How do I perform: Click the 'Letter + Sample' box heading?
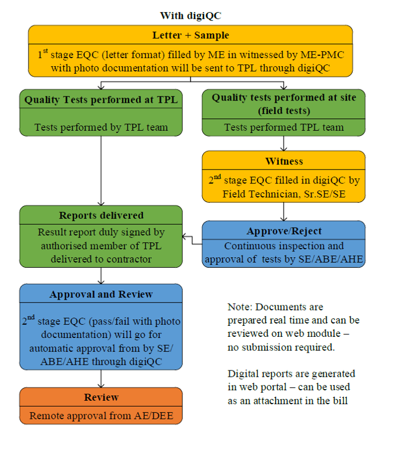point(191,35)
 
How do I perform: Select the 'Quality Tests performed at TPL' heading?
point(101,100)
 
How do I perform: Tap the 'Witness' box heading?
point(284,161)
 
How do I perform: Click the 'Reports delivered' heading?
point(101,215)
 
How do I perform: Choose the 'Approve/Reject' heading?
point(284,231)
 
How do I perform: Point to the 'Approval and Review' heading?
point(101,294)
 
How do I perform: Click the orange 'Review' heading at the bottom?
point(101,397)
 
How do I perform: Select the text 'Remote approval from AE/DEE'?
point(101,416)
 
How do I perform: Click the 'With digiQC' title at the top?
point(191,15)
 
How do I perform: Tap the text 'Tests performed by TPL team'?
point(101,127)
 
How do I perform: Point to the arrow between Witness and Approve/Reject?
point(284,211)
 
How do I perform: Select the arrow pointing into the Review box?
point(101,379)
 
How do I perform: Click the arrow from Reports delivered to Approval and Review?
point(101,275)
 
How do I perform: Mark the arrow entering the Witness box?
point(284,143)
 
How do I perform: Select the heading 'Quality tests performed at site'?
point(284,98)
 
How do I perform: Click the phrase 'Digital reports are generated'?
point(291,374)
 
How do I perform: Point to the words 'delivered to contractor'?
point(101,259)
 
